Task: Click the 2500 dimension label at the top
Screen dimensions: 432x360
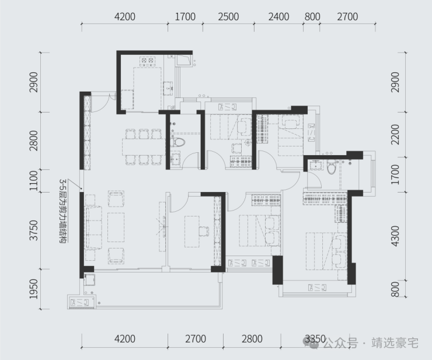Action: point(228,17)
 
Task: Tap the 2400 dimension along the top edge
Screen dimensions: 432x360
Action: point(279,17)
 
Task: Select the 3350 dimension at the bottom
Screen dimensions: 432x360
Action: point(315,339)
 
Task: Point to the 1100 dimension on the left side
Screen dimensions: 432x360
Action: point(34,181)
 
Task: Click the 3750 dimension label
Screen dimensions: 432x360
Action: point(34,230)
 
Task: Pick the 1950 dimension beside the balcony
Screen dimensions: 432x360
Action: point(34,289)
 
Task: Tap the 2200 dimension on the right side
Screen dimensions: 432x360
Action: point(395,134)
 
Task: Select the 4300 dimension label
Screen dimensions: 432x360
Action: point(395,236)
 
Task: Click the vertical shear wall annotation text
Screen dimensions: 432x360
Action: point(64,211)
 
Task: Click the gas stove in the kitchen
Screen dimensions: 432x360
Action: point(147,61)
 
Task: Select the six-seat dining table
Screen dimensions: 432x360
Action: point(144,147)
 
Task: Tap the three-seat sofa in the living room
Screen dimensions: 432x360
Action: point(94,227)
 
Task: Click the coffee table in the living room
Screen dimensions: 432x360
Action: point(116,227)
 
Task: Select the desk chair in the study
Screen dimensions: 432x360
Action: point(204,231)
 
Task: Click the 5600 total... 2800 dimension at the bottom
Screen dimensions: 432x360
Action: point(252,339)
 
